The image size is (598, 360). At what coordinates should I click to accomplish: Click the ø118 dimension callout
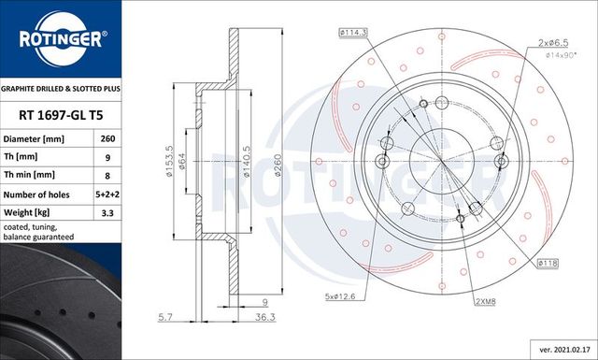[549, 265]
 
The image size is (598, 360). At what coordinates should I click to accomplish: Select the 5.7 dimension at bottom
[164, 317]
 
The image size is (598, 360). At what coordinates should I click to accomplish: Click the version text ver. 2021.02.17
[560, 349]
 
